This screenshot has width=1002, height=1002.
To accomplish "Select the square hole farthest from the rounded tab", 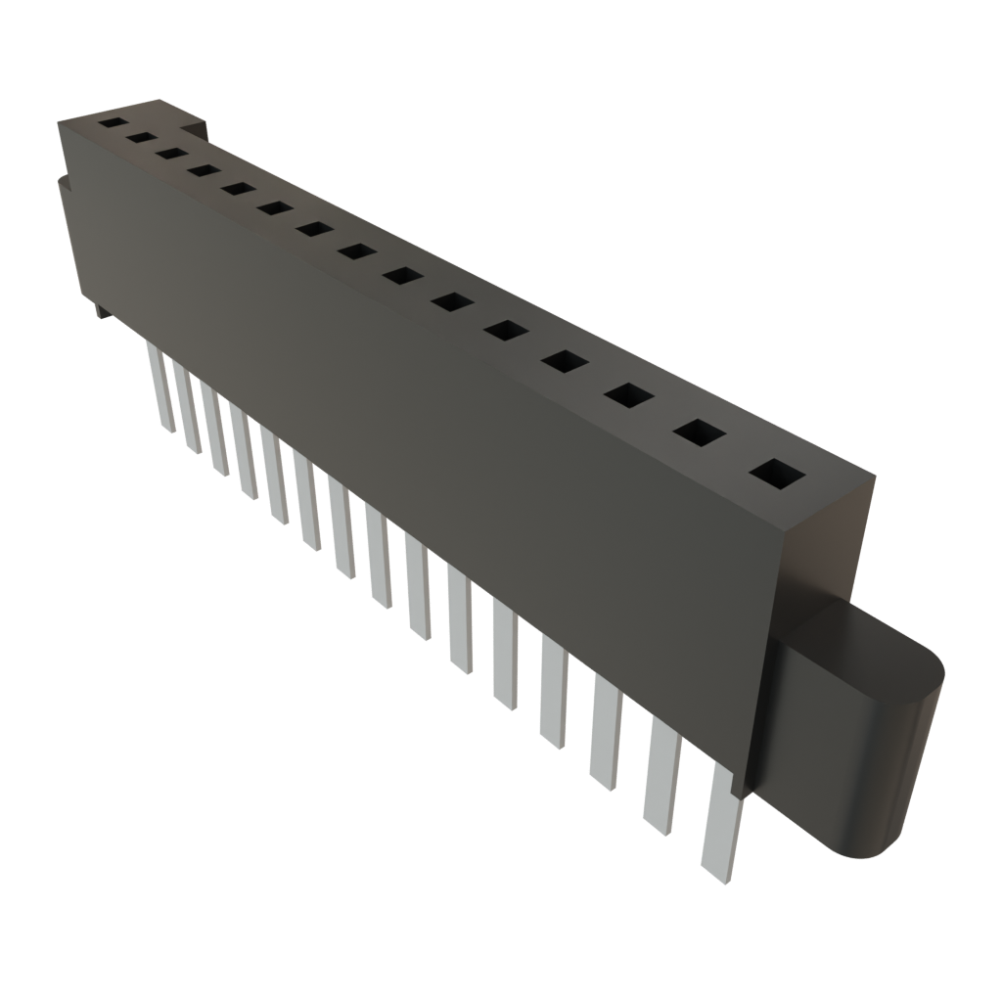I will (112, 124).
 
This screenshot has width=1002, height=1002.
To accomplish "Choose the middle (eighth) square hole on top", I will (356, 252).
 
